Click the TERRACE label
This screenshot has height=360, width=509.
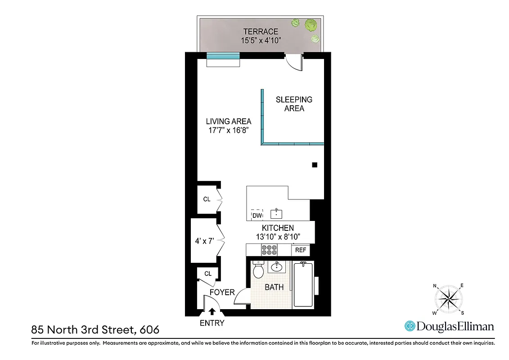click(261, 31)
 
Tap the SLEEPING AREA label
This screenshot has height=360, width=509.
click(294, 104)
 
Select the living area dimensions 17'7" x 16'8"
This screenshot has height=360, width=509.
click(228, 130)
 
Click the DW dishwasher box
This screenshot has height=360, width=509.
click(257, 215)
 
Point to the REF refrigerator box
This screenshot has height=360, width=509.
click(300, 250)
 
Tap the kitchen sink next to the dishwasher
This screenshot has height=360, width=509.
click(276, 213)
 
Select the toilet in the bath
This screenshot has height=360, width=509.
click(258, 270)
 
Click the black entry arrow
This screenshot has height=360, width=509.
click(212, 310)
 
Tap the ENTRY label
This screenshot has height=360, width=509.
click(212, 323)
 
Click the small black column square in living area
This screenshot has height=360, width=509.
click(315, 165)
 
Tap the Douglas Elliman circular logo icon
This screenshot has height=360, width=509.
click(410, 326)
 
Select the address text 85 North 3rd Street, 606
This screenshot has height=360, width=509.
click(95, 330)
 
